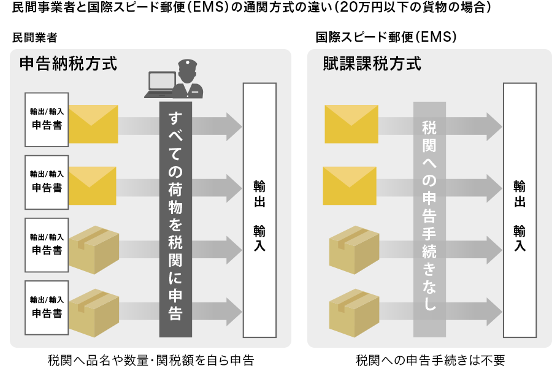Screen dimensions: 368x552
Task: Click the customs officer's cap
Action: (x=186, y=64)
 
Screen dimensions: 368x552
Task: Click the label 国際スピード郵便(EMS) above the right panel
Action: (x=386, y=37)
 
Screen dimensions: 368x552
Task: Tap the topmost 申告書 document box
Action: (x=47, y=120)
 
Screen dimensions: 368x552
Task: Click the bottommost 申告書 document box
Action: (x=47, y=307)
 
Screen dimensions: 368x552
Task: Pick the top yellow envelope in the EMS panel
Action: (x=350, y=123)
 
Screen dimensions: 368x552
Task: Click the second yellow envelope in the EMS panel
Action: (x=350, y=185)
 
